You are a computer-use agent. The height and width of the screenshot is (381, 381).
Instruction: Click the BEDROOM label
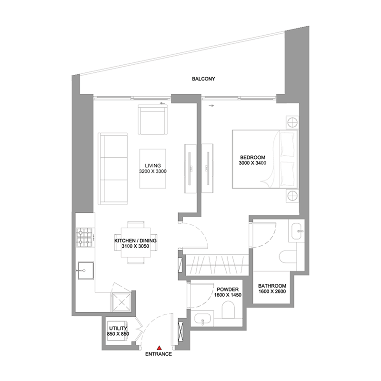click(252, 157)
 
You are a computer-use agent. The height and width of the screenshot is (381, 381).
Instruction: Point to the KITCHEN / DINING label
click(135, 241)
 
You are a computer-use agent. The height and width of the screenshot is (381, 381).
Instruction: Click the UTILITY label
click(118, 329)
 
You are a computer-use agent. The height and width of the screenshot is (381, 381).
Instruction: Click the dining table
click(135, 243)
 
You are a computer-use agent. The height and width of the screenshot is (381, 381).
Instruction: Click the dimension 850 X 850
click(118, 334)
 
